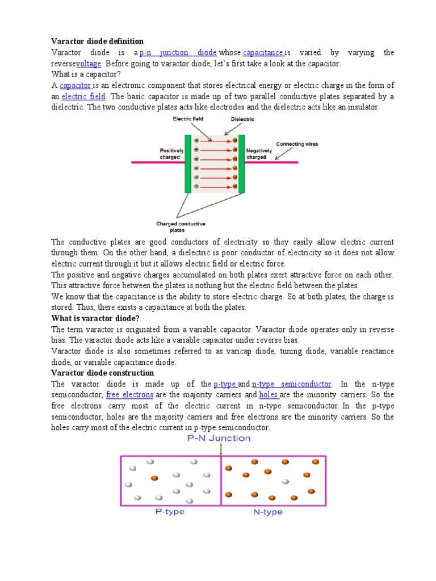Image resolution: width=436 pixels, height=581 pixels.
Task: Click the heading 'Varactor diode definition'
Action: tap(97, 41)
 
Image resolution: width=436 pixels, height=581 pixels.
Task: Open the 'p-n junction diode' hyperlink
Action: tap(178, 53)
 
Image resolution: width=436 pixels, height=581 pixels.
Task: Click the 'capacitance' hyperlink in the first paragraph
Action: tap(263, 53)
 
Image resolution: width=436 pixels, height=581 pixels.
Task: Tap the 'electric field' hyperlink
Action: tap(83, 96)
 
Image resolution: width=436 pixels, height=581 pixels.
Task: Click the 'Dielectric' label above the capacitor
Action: tap(242, 120)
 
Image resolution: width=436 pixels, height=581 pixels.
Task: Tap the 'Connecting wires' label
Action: tap(297, 144)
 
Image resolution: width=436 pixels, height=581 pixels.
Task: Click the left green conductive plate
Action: tap(188, 165)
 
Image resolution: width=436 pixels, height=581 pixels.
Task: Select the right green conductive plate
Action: tap(241, 165)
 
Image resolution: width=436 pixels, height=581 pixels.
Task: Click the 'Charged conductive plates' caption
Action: tap(181, 227)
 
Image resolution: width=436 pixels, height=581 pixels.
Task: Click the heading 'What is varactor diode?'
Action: tap(95, 318)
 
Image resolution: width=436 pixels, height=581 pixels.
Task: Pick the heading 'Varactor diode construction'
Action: tap(102, 373)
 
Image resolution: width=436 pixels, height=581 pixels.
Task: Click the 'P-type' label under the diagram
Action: tap(170, 512)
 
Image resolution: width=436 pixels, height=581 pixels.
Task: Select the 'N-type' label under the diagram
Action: tap(267, 512)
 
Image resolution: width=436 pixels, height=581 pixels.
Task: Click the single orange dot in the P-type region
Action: tap(154, 478)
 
